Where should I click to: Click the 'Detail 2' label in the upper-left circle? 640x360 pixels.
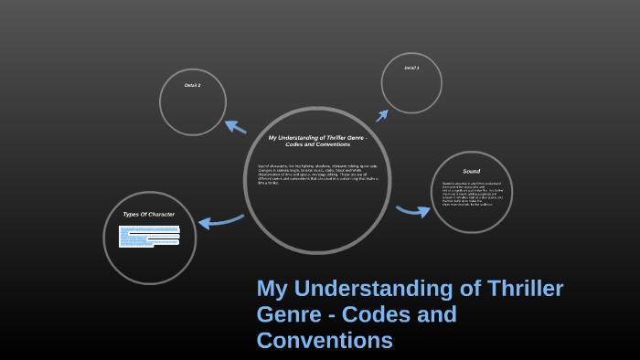click(x=192, y=85)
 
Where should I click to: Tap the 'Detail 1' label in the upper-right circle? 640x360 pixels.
click(x=411, y=68)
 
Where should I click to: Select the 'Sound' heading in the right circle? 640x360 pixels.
click(x=471, y=171)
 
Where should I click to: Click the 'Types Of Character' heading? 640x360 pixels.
click(x=148, y=214)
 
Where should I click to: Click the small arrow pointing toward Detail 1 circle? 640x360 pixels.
click(x=382, y=115)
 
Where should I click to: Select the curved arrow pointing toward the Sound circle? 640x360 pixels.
click(x=413, y=211)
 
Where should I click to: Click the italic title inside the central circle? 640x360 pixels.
click(x=317, y=141)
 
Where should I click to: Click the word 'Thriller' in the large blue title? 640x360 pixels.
click(x=519, y=290)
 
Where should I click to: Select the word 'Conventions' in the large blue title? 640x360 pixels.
click(x=325, y=341)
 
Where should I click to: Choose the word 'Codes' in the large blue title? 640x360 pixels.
click(x=379, y=315)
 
